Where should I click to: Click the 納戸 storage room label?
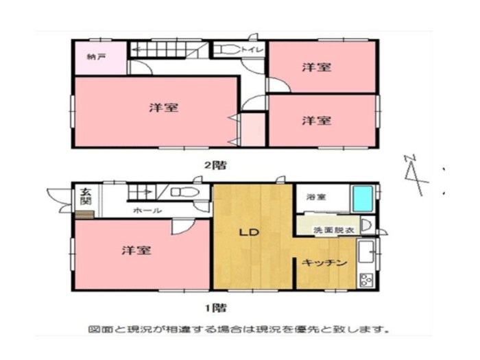97,57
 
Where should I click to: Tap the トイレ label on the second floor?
252,49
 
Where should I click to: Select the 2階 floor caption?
215,165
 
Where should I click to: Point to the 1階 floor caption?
216,307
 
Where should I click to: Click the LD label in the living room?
249,232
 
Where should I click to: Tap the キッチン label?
324,263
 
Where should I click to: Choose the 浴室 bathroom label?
316,197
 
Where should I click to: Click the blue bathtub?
363,198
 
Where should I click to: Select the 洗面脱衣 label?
334,230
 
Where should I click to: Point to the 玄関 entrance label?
86,197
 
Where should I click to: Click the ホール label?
147,211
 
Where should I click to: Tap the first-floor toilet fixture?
185,192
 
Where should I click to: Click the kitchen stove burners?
366,280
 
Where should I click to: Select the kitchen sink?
366,252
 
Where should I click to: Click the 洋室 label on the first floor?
136,250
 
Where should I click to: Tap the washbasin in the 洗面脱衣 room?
367,226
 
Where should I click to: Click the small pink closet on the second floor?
253,130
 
